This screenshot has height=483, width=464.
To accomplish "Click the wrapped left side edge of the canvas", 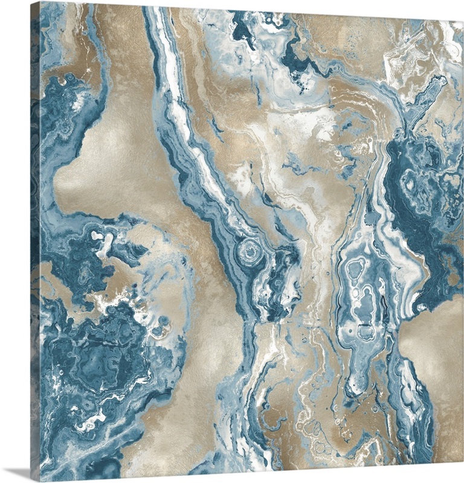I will pyautogui.click(x=35, y=241).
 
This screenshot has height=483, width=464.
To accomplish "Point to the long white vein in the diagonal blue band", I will pyautogui.click(x=181, y=121).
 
